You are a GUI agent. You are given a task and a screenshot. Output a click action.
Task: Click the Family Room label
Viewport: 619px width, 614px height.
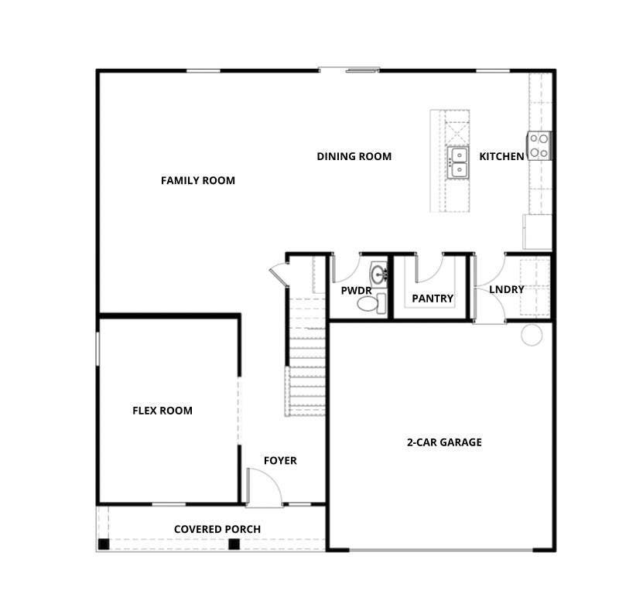[197, 181]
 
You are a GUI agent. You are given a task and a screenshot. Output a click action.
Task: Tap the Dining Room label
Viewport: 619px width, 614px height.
[354, 157]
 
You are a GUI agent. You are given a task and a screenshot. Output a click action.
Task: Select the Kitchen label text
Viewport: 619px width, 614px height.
[501, 157]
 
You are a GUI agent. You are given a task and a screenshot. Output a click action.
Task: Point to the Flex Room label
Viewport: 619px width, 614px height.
[162, 411]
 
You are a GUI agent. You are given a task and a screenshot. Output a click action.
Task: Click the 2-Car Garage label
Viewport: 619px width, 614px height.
[444, 442]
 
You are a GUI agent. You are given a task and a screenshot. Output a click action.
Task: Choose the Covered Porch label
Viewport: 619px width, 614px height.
[217, 529]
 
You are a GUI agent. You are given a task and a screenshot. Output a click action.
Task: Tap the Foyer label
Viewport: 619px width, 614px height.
[280, 461]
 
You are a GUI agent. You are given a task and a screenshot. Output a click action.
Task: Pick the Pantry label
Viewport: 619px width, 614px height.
[433, 298]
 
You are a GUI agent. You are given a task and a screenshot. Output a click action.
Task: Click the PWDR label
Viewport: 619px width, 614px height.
[357, 291]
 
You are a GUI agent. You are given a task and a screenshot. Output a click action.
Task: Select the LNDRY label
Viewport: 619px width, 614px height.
[507, 290]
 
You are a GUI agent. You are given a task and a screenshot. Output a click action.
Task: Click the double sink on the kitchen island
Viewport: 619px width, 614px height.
[458, 162]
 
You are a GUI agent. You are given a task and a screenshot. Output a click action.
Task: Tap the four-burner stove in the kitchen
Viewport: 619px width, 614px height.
[539, 145]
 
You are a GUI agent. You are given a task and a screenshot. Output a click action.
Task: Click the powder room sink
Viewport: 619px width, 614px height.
[379, 273]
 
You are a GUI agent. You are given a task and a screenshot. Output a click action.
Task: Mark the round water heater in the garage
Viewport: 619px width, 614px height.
[532, 335]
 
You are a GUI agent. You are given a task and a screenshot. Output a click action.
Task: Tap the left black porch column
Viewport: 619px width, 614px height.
[104, 544]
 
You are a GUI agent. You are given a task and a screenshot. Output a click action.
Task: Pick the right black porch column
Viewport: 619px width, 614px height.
[234, 544]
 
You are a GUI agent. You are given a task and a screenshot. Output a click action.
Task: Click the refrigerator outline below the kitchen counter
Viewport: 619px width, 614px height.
[537, 232]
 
